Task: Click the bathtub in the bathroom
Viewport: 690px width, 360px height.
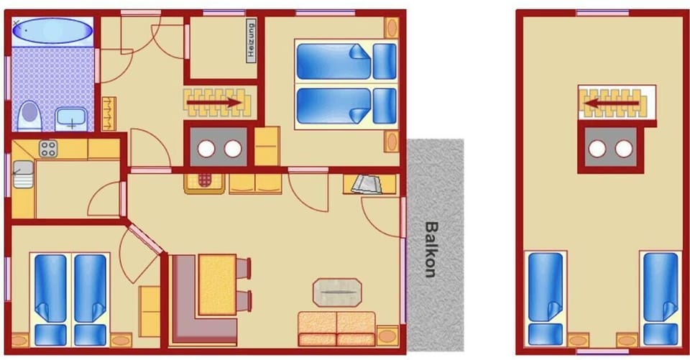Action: tap(53, 32)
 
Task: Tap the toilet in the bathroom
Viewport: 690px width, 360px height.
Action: tap(29, 115)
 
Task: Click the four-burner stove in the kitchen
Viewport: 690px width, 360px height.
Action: tap(48, 149)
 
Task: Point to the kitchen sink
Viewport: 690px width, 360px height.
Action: tap(22, 174)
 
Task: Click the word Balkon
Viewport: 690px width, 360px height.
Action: tap(431, 249)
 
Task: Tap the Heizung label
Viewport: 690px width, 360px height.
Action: tap(252, 41)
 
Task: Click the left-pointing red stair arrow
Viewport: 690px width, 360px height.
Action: tap(610, 103)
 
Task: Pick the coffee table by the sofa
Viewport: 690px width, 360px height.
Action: tap(336, 292)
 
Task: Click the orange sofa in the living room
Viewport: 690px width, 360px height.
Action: tap(336, 328)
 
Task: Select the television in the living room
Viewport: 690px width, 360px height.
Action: tap(369, 185)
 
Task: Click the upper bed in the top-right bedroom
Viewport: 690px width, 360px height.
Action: tap(345, 60)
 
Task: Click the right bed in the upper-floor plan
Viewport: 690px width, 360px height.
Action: tap(660, 297)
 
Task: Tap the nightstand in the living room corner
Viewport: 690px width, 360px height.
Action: tap(387, 335)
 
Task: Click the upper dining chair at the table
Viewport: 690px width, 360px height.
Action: tap(244, 268)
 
